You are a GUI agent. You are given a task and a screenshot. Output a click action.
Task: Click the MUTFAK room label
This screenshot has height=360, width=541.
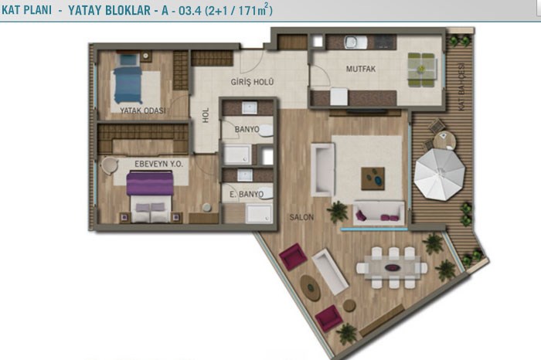[x=361, y=69]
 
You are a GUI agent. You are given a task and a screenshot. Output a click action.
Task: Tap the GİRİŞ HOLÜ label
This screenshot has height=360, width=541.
[x=252, y=82]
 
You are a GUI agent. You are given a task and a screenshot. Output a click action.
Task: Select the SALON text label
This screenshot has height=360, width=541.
[x=301, y=217]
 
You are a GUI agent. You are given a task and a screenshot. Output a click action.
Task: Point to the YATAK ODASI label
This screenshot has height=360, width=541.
[x=142, y=110]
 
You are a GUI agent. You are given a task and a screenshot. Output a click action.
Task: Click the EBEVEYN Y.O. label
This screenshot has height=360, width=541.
[x=158, y=164]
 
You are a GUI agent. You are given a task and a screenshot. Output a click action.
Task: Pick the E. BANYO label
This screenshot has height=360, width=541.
[x=247, y=194]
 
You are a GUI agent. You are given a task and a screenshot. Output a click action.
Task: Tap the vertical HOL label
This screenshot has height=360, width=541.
[x=206, y=115]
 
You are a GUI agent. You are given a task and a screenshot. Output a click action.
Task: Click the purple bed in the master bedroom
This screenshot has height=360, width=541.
[x=150, y=196]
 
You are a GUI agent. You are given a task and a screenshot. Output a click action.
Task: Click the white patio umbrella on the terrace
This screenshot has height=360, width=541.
[x=440, y=175]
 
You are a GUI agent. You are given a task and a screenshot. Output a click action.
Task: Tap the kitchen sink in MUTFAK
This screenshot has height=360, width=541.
[x=356, y=42]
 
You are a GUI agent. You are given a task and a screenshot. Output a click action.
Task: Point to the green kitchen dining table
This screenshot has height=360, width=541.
[x=421, y=70]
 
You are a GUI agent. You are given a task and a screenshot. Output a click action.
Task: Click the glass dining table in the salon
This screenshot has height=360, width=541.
[x=393, y=267]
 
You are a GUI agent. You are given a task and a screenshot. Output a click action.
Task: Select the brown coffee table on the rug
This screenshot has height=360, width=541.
[x=373, y=178]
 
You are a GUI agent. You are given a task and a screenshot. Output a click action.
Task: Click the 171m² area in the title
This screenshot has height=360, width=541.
[x=251, y=10]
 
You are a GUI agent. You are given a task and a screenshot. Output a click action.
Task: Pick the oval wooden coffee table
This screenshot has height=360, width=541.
[x=311, y=287]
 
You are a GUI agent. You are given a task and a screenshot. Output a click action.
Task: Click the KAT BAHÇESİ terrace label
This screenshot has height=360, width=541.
[x=461, y=87]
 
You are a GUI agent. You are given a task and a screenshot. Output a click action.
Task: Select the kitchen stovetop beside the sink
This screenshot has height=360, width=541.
[x=385, y=42]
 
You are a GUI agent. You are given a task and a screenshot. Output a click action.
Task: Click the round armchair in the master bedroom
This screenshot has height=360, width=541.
[x=109, y=166]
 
